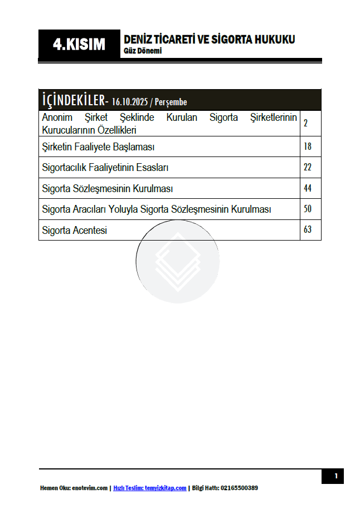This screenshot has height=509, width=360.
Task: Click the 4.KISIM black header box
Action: point(79,45)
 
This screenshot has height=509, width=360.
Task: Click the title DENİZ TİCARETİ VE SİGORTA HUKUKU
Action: point(209,40)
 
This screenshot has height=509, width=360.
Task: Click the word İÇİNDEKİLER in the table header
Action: point(74,100)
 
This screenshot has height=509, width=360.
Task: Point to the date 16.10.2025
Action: point(129,102)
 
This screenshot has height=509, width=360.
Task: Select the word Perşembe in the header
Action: point(171,102)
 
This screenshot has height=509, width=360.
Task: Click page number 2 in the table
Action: point(306,124)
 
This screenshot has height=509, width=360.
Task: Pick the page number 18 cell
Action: point(308,147)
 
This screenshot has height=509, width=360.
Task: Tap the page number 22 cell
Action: point(308,168)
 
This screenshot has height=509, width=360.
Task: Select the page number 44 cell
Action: point(308,189)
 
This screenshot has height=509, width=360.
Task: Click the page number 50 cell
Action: point(308,209)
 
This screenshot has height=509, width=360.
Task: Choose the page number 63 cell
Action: point(308,230)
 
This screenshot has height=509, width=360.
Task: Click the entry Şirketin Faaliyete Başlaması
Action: point(98,147)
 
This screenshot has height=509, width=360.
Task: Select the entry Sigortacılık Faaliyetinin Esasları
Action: point(105,168)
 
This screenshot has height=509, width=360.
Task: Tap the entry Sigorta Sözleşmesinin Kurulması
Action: point(108,189)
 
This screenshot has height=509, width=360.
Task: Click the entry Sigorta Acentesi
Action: point(74,230)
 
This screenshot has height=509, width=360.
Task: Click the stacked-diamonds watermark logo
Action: point(177,261)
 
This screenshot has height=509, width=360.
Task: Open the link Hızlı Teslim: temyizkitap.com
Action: point(149,488)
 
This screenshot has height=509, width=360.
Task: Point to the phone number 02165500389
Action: point(239,488)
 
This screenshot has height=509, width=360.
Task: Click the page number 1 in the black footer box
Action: point(335,476)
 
